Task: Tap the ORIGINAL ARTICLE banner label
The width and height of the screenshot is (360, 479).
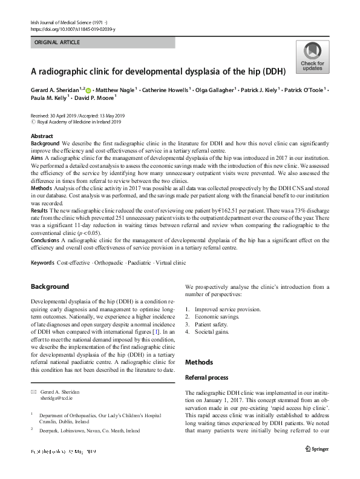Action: click(58, 42)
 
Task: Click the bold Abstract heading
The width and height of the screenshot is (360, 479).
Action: click(42, 136)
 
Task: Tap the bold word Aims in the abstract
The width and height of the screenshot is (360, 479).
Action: click(37, 156)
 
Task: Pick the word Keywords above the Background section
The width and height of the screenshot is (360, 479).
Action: click(42, 263)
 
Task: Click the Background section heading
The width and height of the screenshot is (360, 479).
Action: click(50, 286)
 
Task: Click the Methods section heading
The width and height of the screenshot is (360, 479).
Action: click(199, 362)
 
